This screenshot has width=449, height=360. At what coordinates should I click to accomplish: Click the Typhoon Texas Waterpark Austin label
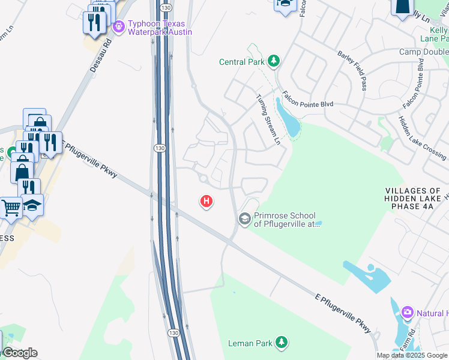click(x=160, y=27)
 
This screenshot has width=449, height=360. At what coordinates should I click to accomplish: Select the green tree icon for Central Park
click(x=274, y=61)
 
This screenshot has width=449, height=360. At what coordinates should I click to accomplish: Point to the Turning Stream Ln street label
click(x=268, y=120)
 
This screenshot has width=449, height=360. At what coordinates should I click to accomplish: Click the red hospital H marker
click(x=206, y=202)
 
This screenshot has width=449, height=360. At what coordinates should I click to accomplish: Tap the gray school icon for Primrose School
click(x=244, y=219)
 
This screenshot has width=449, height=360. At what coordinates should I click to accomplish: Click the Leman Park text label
click(x=251, y=344)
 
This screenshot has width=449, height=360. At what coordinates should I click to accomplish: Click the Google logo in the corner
click(x=20, y=353)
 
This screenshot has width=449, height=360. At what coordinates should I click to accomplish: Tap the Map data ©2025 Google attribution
click(x=412, y=355)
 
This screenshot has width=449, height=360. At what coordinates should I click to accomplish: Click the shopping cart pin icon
click(x=10, y=208)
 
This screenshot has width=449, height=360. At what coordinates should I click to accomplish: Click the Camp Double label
click(x=424, y=52)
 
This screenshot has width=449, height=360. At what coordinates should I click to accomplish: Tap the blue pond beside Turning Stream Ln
click(x=288, y=119)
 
